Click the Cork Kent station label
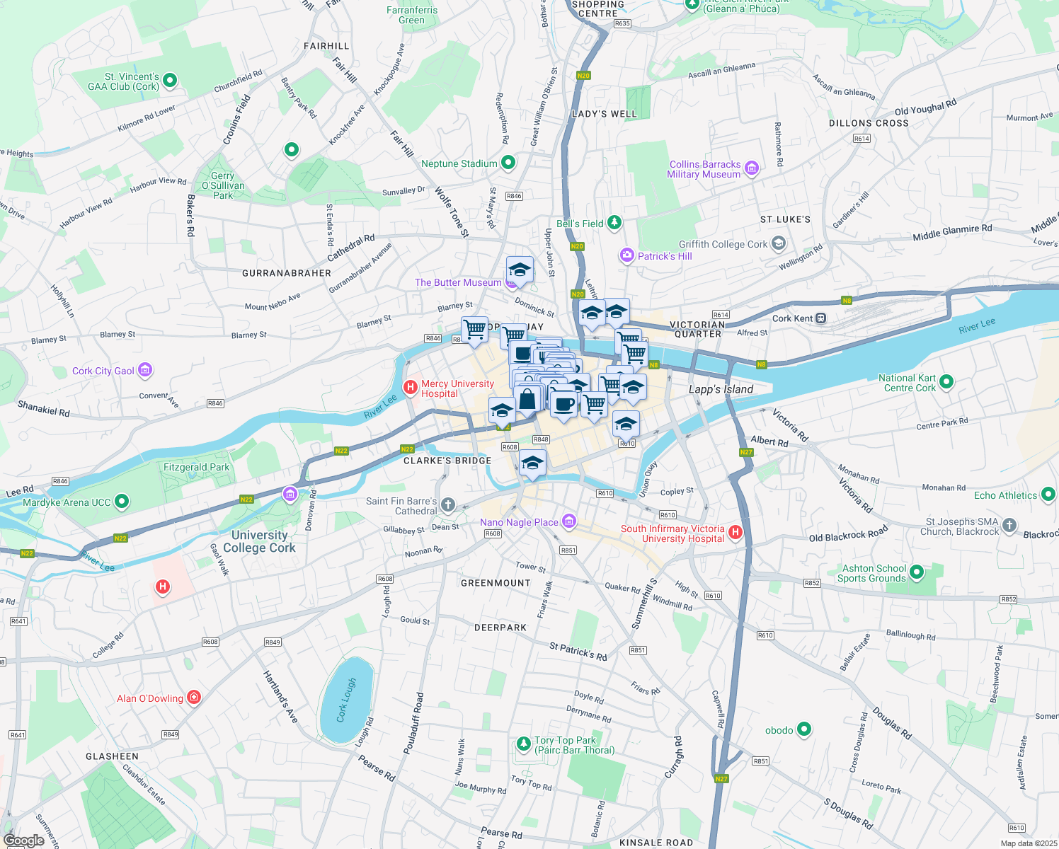pyautogui.click(x=792, y=318)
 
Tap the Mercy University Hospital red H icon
pyautogui.click(x=410, y=387)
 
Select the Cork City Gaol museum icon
pyautogui.click(x=145, y=369)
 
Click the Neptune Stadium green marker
pyautogui.click(x=508, y=163)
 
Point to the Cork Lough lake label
pyautogui.click(x=346, y=700)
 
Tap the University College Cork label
pyautogui.click(x=259, y=541)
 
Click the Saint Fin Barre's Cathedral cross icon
pyautogui.click(x=447, y=504)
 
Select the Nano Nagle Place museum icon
pyautogui.click(x=568, y=522)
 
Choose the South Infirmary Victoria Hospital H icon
pyautogui.click(x=735, y=532)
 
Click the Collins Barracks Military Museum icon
pyautogui.click(x=752, y=168)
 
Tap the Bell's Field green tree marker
pyautogui.click(x=614, y=223)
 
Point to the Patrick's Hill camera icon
pyautogui.click(x=626, y=255)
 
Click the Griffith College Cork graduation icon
pyautogui.click(x=779, y=244)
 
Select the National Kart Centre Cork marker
pyautogui.click(x=946, y=382)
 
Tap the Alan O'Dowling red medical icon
pyautogui.click(x=194, y=698)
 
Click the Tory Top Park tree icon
pyautogui.click(x=523, y=743)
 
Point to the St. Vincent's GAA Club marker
pyautogui.click(x=170, y=81)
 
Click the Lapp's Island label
pyautogui.click(x=721, y=389)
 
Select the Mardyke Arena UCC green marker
pyautogui.click(x=122, y=502)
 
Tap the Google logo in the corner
pyautogui.click(x=23, y=840)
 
